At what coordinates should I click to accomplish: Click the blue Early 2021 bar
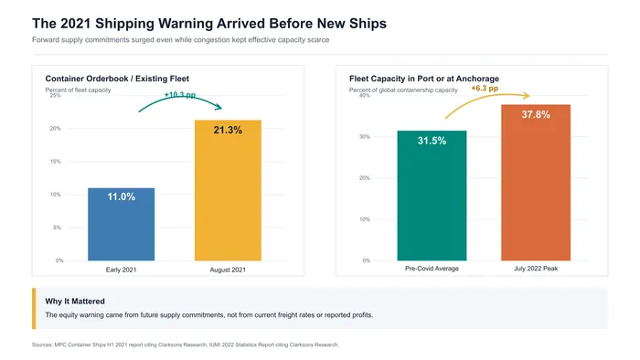pyautogui.click(x=122, y=224)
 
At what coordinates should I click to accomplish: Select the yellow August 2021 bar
pyautogui.click(x=228, y=190)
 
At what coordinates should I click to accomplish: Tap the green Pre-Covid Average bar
pyautogui.click(x=432, y=196)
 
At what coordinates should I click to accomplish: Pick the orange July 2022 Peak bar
pyautogui.click(x=536, y=183)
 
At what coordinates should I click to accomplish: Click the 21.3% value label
pyautogui.click(x=228, y=130)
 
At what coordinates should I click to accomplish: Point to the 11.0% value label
pyautogui.click(x=122, y=196)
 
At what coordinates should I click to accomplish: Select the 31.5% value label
pyautogui.click(x=432, y=141)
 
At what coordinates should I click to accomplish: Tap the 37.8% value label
pyautogui.click(x=536, y=114)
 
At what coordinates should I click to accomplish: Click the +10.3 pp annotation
pyautogui.click(x=180, y=95)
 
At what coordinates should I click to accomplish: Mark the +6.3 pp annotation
pyautogui.click(x=485, y=88)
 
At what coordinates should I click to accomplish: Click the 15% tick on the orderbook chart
pyautogui.click(x=55, y=162)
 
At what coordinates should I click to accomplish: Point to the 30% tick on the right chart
pyautogui.click(x=365, y=136)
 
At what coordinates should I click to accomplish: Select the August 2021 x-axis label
pyautogui.click(x=228, y=270)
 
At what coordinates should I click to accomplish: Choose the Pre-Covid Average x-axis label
pyautogui.click(x=432, y=269)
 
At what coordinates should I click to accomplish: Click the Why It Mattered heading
pyautogui.click(x=75, y=302)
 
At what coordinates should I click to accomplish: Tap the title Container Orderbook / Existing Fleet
pyautogui.click(x=117, y=79)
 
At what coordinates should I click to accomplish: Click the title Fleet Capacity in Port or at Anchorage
pyautogui.click(x=424, y=79)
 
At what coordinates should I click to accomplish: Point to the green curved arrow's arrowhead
pyautogui.click(x=219, y=107)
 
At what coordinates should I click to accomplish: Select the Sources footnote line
pyautogui.click(x=186, y=344)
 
